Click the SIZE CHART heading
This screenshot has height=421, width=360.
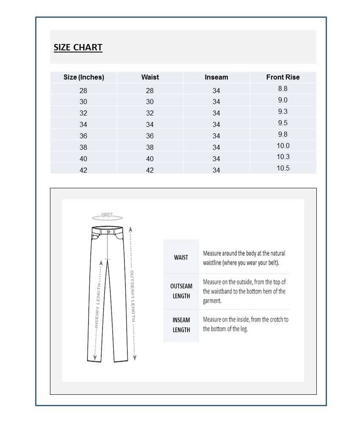78,47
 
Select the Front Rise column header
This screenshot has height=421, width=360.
282,77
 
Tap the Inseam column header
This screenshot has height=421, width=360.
216,77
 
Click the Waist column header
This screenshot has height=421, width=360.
150,77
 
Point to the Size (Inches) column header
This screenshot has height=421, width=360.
83,77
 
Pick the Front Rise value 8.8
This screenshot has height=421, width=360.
282,88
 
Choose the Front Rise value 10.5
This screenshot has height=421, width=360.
282,168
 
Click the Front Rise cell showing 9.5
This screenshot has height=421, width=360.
282,123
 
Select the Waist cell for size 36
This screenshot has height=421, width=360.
150,136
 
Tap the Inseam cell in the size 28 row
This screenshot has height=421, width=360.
216,91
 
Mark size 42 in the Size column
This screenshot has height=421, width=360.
83,170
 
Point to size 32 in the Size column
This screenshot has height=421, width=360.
83,113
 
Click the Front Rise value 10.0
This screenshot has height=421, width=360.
282,146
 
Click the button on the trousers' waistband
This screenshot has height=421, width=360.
109,231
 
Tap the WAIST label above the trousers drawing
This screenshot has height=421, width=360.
107,215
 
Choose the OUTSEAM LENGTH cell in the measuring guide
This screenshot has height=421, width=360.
181,291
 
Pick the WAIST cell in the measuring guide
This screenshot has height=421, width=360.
181,257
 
